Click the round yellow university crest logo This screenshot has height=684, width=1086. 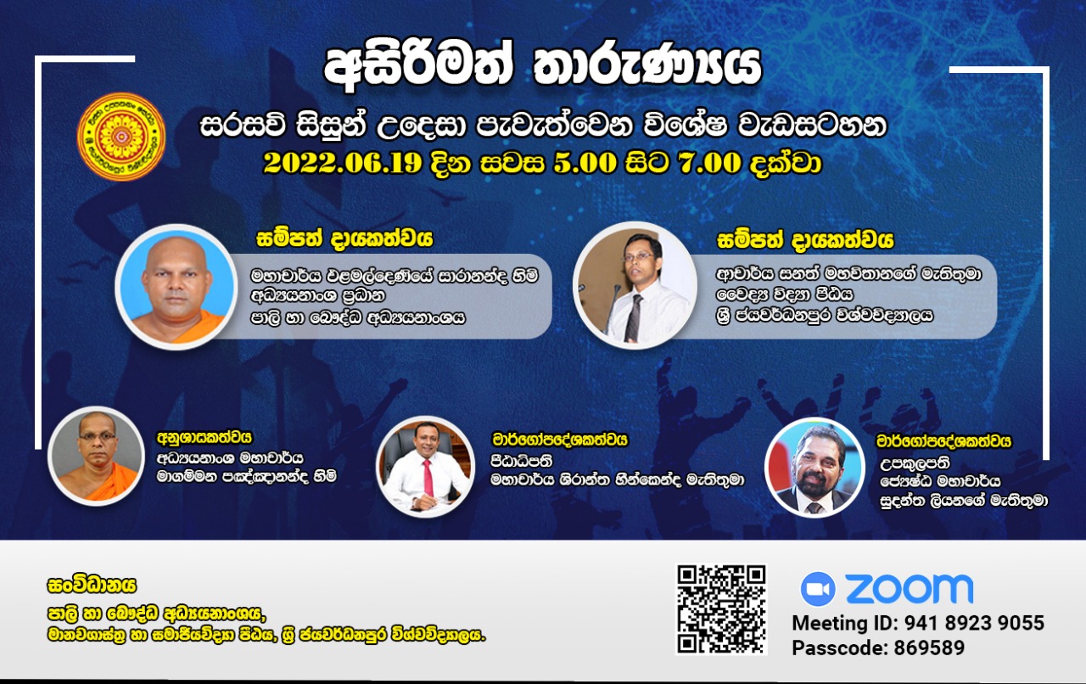tap(121, 137)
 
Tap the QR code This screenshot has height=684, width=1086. tap(721, 609)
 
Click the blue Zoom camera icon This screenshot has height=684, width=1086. tap(818, 589)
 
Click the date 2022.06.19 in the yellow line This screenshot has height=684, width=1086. tap(342, 163)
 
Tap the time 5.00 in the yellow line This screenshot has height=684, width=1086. tap(585, 163)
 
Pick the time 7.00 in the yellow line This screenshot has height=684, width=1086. tap(709, 163)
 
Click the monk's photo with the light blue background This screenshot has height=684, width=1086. tap(176, 287)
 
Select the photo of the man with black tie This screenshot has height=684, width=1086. tap(635, 285)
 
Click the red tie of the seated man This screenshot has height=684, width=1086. tap(428, 478)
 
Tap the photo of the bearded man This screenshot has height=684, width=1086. tap(815, 468)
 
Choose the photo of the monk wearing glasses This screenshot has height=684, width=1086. tap(97, 456)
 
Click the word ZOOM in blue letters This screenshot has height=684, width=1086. tap(910, 588)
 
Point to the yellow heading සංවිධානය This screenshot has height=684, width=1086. tap(92, 586)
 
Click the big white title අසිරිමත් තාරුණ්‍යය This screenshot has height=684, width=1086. tap(543, 69)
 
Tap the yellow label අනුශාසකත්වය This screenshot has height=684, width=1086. tap(204, 438)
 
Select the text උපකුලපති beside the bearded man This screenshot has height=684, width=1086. tap(915, 463)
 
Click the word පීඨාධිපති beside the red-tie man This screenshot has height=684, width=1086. tap(522, 460)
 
